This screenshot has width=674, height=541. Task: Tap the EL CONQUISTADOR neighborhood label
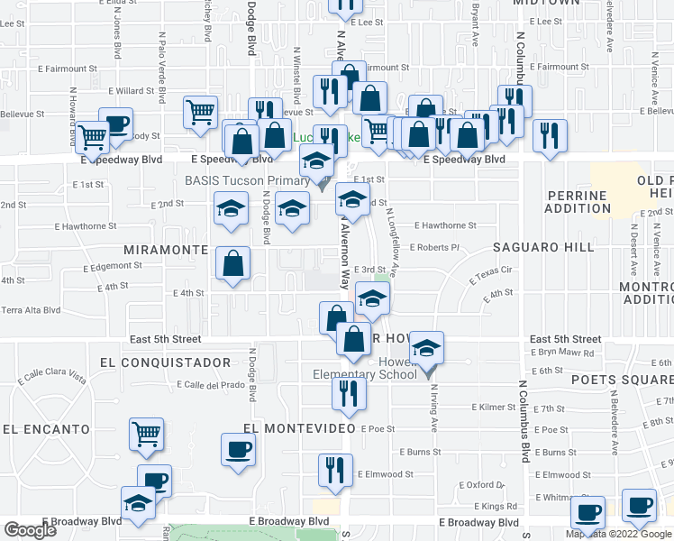coord(166,362)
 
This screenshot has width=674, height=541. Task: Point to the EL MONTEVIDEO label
coord(299,428)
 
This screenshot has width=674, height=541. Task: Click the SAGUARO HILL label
coord(543,247)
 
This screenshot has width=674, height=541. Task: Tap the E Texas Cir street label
coord(490,270)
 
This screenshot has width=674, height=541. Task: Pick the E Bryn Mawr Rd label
coord(569,353)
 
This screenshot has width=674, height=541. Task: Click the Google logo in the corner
coord(30,529)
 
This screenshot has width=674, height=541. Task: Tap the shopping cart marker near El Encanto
coord(146,435)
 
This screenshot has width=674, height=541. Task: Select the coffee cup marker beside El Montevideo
coord(239,450)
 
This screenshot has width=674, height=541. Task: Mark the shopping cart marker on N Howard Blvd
coord(91,137)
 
